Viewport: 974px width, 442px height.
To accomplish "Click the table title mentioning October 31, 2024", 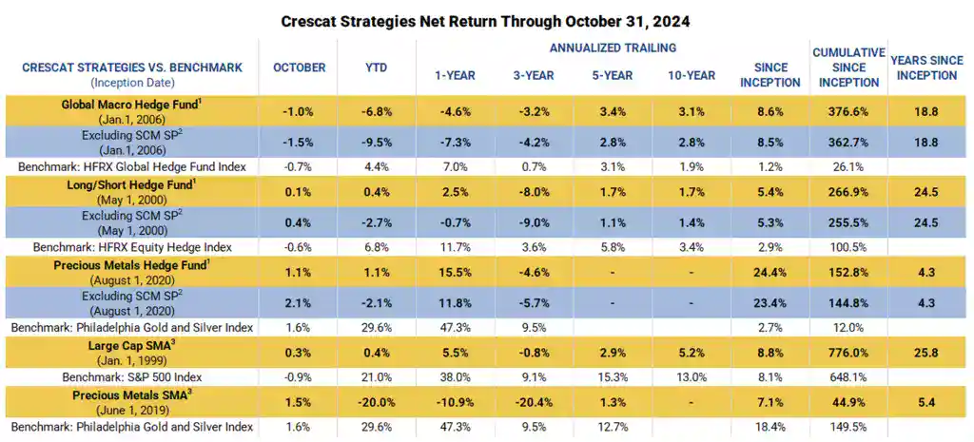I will [x=486, y=20].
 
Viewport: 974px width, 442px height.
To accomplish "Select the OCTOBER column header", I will [x=299, y=67].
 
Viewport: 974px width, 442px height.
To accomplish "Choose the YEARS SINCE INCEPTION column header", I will [x=924, y=67].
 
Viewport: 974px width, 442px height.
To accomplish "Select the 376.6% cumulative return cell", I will [x=847, y=110].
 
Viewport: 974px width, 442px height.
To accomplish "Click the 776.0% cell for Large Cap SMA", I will [x=847, y=352].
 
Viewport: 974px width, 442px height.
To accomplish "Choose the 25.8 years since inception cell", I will [x=924, y=352].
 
